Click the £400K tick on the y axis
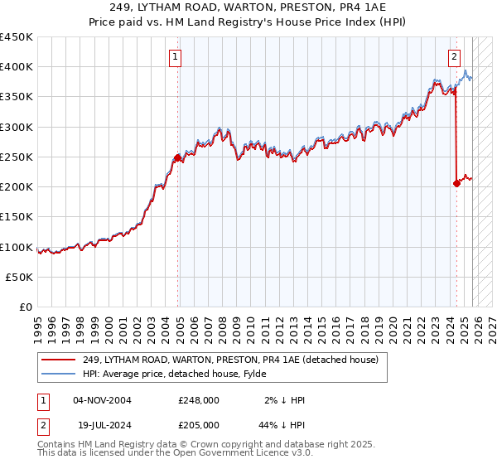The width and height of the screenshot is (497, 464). click(x=17, y=67)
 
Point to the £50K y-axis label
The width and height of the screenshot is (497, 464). click(x=20, y=277)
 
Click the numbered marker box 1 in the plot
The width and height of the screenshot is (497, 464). click(x=176, y=57)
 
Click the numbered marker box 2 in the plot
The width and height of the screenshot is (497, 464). click(x=455, y=57)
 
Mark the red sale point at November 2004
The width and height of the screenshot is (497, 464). click(x=177, y=157)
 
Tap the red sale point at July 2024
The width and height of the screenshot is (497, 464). click(x=456, y=184)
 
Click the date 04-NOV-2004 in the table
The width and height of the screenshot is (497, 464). click(x=103, y=400)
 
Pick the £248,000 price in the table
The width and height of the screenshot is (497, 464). click(x=199, y=400)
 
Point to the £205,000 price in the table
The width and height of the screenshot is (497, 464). click(x=199, y=424)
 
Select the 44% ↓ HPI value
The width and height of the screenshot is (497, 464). click(x=283, y=424)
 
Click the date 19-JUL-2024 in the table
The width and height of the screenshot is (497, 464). click(x=103, y=424)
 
